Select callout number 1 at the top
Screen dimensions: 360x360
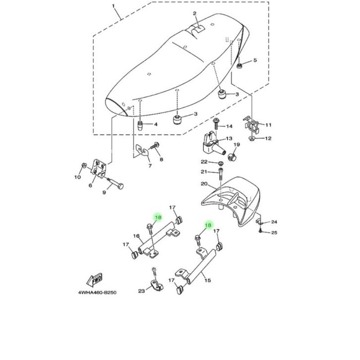[x=113, y=6]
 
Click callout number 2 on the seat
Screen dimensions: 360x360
[x=194, y=14]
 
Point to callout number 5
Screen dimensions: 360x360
[x=255, y=60]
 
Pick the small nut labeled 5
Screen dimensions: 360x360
[x=240, y=65]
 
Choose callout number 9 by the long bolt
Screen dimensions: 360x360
[x=104, y=193]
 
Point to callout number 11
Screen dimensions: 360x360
[x=269, y=124]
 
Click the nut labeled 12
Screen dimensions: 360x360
[x=251, y=138]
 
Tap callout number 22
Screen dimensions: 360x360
[x=204, y=162]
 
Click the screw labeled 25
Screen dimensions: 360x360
[x=260, y=231]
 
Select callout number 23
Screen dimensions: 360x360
[x=141, y=292]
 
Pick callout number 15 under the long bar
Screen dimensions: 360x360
[x=207, y=280]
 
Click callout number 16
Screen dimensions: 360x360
[x=134, y=237]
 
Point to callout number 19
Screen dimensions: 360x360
[x=237, y=145]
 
